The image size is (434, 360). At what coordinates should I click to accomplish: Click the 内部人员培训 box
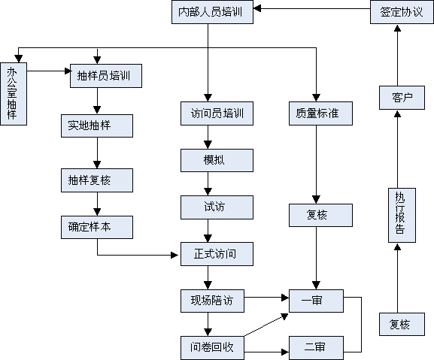click(212, 12)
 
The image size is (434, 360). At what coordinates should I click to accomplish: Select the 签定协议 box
click(402, 12)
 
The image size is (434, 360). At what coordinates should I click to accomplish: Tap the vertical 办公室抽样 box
click(14, 94)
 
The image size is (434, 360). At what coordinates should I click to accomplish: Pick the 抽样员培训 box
click(106, 76)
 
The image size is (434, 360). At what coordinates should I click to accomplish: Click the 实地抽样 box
click(97, 126)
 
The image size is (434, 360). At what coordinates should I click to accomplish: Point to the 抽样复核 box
click(97, 180)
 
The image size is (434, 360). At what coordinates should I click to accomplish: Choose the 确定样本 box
click(97, 227)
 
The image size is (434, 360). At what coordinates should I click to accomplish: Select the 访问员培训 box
click(217, 113)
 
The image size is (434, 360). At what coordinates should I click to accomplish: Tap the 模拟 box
click(217, 160)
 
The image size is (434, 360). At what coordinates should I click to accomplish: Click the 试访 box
click(217, 207)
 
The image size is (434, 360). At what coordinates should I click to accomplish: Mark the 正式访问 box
click(217, 254)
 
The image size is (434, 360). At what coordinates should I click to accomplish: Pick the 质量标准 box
click(320, 113)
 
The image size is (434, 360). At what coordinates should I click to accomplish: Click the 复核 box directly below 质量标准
click(320, 216)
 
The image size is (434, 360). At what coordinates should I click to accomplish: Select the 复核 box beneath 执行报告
click(402, 325)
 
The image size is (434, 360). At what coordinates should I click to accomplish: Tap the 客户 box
click(402, 98)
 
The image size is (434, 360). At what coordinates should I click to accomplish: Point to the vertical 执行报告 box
click(402, 216)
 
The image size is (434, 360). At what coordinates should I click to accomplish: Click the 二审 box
click(316, 348)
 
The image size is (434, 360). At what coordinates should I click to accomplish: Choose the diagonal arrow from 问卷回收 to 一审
click(266, 325)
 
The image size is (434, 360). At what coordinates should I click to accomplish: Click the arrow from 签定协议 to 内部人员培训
click(312, 8)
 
